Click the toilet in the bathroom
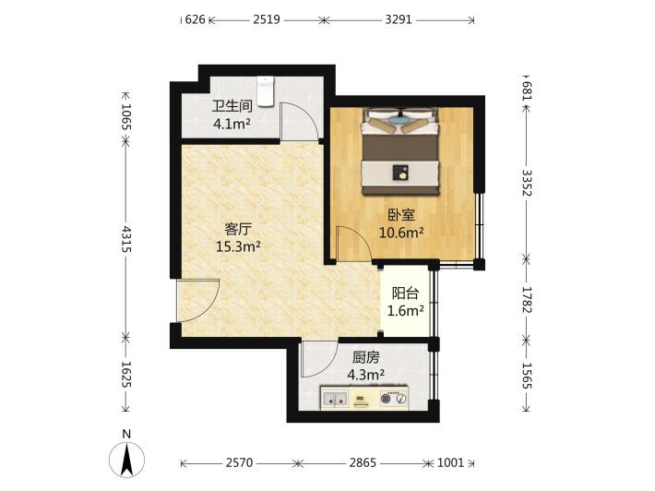tap(266, 91)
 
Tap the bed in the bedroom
tap(401, 151)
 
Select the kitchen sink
tap(335, 399)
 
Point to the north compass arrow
tap(126, 460)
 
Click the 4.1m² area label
tap(232, 124)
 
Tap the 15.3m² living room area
tap(238, 246)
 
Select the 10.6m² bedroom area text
tap(401, 233)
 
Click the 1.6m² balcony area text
tap(406, 310)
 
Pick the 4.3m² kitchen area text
tap(366, 375)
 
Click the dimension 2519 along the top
tap(267, 19)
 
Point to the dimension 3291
tap(399, 19)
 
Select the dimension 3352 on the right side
tap(527, 183)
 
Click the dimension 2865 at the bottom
tap(363, 462)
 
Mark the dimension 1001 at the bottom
tap(451, 462)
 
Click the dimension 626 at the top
tap(195, 19)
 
